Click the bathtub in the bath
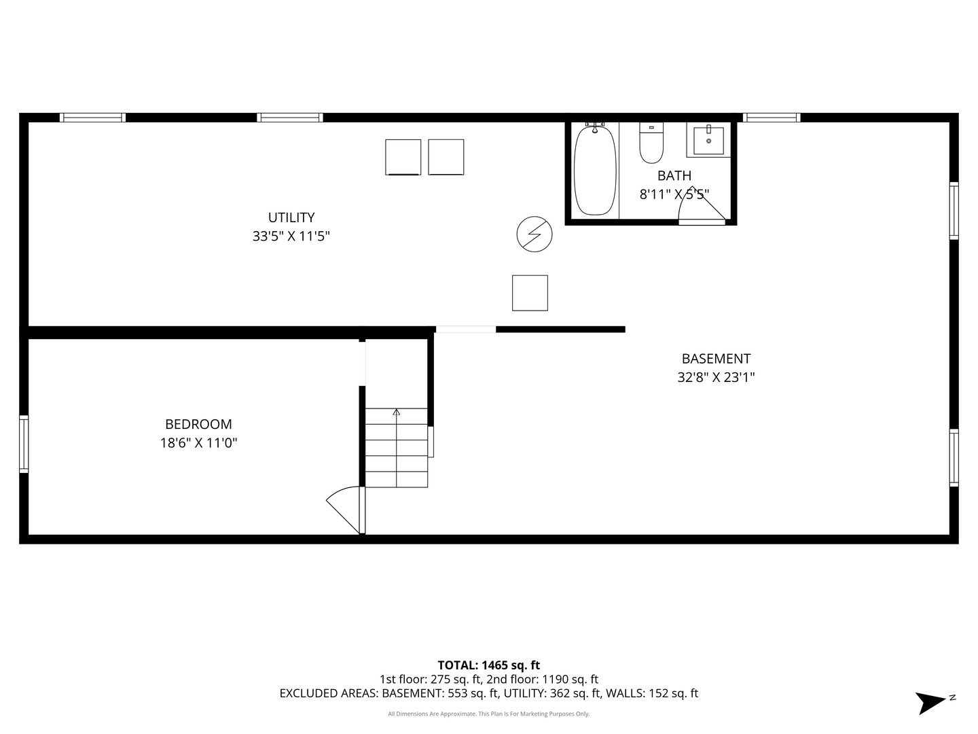[x=595, y=170]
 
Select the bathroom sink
[x=708, y=140]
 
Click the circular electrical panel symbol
[x=535, y=234]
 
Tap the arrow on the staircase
[x=397, y=412]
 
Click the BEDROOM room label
[x=198, y=424]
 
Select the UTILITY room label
[x=291, y=217]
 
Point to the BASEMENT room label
[x=716, y=358]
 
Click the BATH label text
[x=674, y=176]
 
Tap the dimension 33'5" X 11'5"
[x=291, y=237]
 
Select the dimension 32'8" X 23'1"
[x=716, y=377]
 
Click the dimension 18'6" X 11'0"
[x=198, y=443]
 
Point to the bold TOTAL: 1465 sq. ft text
[x=488, y=665]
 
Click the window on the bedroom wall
[x=24, y=444]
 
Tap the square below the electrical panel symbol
[x=530, y=293]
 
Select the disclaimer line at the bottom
[x=488, y=714]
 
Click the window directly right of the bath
[x=772, y=118]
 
